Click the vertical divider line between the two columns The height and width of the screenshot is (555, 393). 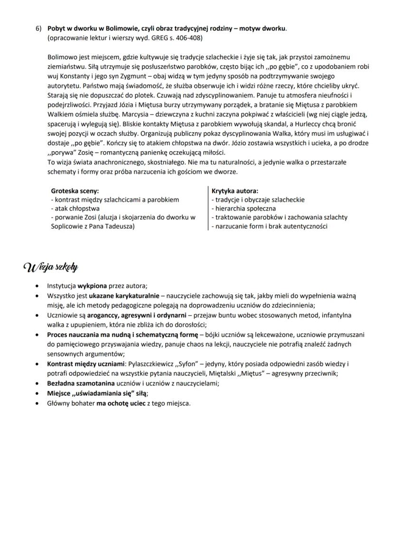point(208,209)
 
